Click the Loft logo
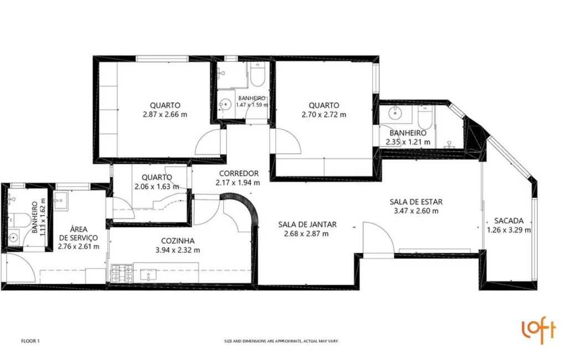pos(538,331)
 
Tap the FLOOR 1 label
pos(30,341)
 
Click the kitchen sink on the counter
pos(149,274)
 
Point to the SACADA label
pos(508,220)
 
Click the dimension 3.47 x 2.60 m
pos(415,211)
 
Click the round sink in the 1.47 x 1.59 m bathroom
pos(225,104)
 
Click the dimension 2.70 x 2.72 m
pos(324,115)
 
